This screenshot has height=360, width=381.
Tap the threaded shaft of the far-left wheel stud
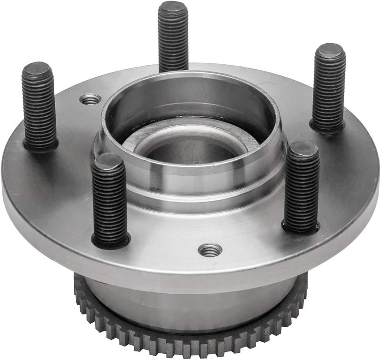[x=39, y=110]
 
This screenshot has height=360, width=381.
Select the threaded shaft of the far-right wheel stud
[x=328, y=91]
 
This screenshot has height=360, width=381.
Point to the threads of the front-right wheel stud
[x=301, y=188]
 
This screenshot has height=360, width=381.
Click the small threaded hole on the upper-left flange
[x=90, y=99]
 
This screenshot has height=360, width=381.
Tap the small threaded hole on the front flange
[x=210, y=249]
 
